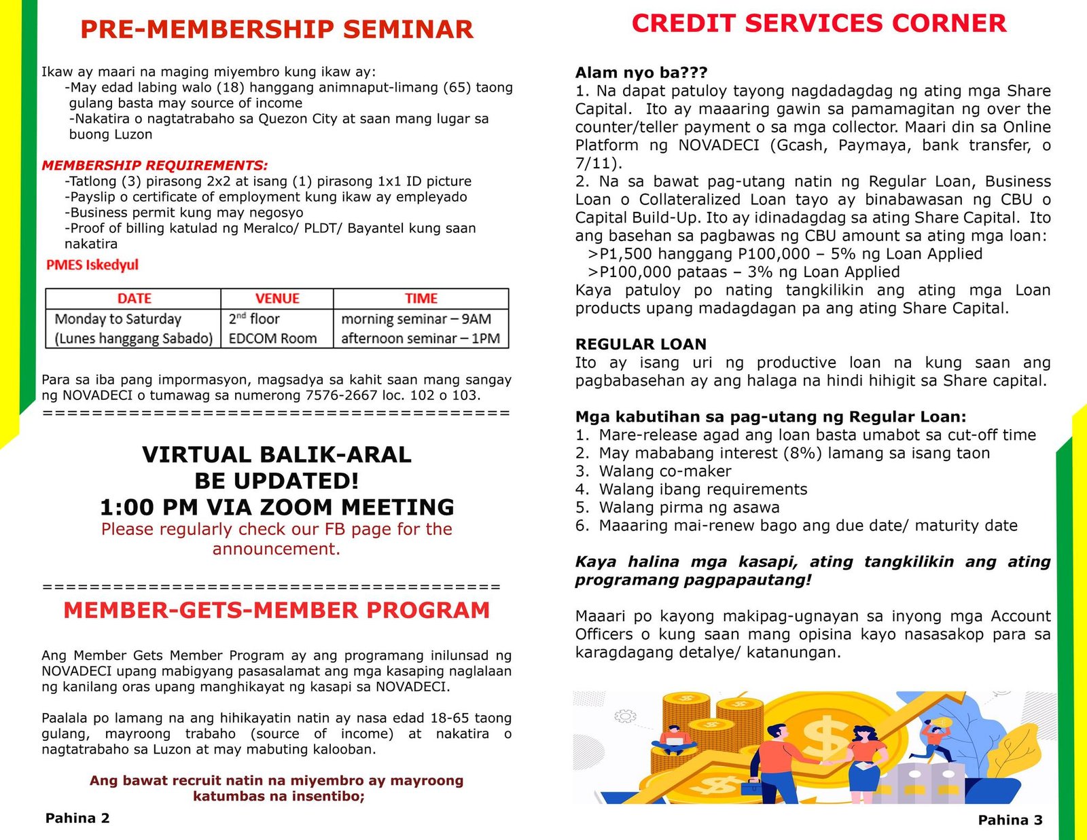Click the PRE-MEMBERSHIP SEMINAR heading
tap(277, 30)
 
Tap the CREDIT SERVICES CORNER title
tap(819, 24)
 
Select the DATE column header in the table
tap(134, 299)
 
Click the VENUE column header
tap(277, 299)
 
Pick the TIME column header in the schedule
tap(421, 299)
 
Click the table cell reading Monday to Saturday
tap(118, 319)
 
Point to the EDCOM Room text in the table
tap(272, 339)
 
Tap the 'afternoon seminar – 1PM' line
tap(420, 339)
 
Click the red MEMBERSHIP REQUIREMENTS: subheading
tap(155, 166)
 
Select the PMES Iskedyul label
tap(92, 265)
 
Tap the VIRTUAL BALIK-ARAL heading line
tap(277, 454)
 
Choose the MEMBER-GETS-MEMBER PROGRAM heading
tap(277, 610)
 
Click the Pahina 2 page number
tap(77, 818)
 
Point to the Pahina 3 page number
tap(1010, 820)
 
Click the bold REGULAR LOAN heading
tap(641, 344)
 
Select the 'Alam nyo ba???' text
tap(641, 73)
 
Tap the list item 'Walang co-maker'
tap(664, 471)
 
